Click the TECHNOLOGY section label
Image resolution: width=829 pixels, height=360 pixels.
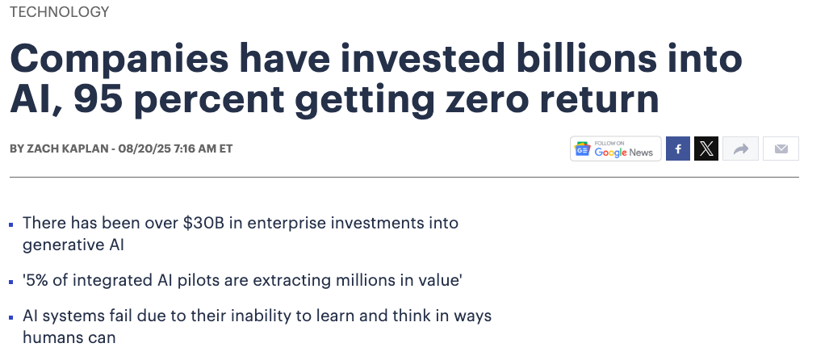pyautogui.click(x=59, y=12)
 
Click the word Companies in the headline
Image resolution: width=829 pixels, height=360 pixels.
pyautogui.click(x=119, y=59)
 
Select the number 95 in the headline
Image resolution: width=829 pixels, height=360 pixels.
pyautogui.click(x=98, y=99)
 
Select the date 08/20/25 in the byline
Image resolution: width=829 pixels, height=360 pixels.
pyautogui.click(x=144, y=149)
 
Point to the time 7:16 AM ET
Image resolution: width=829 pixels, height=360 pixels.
pyautogui.click(x=203, y=149)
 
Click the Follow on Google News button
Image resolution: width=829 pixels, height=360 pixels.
pyautogui.click(x=615, y=149)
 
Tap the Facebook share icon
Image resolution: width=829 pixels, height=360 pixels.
pyautogui.click(x=678, y=149)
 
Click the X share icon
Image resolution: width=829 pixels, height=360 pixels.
pyautogui.click(x=706, y=149)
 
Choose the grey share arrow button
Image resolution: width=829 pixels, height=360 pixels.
pyautogui.click(x=741, y=149)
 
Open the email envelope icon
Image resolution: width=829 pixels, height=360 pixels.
pyautogui.click(x=781, y=149)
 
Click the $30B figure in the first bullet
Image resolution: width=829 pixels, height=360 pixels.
pyautogui.click(x=203, y=223)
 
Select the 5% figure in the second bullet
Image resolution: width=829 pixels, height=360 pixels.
pyautogui.click(x=36, y=279)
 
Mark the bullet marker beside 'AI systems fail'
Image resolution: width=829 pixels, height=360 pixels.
pyautogui.click(x=11, y=318)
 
